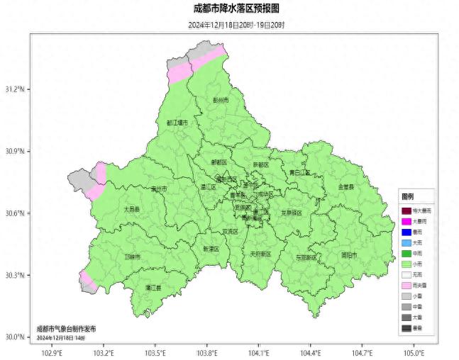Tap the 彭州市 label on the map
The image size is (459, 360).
[221, 101]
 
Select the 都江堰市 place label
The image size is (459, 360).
[177, 123]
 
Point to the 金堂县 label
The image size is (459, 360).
[345, 186]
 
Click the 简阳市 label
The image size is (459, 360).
[349, 255]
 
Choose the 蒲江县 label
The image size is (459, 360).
[153, 288]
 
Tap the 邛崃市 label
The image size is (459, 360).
[132, 257]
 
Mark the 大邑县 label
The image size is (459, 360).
[131, 210]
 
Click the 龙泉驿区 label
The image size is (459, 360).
[292, 213]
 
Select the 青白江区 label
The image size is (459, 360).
[299, 172]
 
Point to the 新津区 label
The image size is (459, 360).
[211, 249]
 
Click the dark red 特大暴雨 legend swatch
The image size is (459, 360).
[406, 211]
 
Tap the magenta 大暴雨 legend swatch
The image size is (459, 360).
[406, 222]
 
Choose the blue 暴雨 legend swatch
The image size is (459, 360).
[406, 232]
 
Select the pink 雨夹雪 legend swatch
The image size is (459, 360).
[406, 286]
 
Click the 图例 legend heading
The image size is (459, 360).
[408, 196]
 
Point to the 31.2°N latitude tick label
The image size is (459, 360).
[15, 90]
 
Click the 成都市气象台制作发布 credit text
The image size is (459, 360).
[66, 330]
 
